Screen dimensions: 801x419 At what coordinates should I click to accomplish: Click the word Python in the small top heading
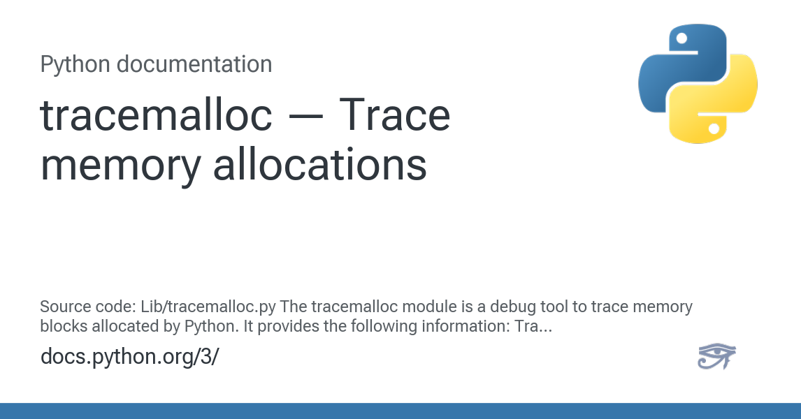coord(75,65)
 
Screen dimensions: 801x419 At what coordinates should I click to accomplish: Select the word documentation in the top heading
coord(194,64)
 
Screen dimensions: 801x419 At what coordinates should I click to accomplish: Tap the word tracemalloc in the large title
coord(157,115)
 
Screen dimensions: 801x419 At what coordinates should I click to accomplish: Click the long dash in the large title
coord(305,117)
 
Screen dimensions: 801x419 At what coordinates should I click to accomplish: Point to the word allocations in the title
coord(320,164)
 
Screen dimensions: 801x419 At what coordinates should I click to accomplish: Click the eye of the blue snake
coord(681,38)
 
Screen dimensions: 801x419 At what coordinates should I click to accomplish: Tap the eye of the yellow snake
coord(714,128)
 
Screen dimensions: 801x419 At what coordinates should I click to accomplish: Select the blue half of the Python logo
coord(682,67)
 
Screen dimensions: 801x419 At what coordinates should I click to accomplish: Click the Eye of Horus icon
coord(716,355)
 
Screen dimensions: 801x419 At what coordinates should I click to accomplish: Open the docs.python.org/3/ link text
coord(130,357)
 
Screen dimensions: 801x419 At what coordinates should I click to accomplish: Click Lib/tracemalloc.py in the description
coord(208,307)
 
